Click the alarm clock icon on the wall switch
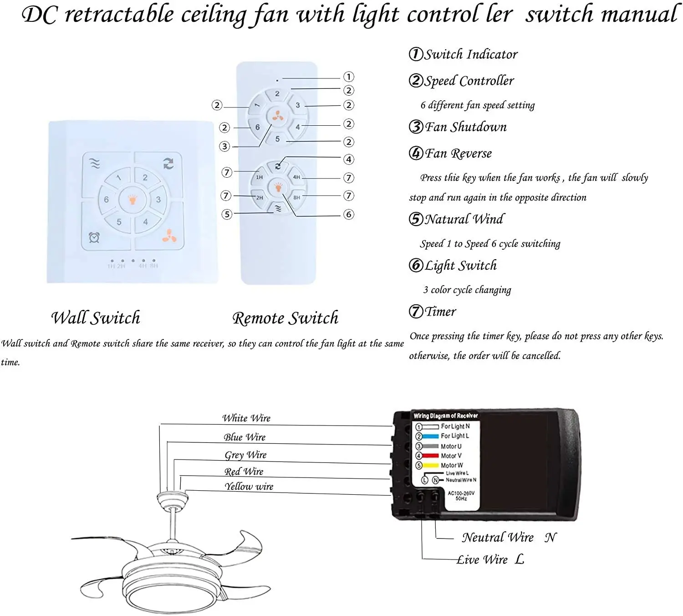tap(94, 237)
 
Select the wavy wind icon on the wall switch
tap(95, 164)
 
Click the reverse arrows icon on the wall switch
tap(168, 164)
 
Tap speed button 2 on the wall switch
tap(145, 178)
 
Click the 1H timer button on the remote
tap(259, 177)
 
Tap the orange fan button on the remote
tap(278, 117)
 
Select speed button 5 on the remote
tap(277, 139)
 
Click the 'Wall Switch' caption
tap(95, 318)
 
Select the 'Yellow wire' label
tap(249, 487)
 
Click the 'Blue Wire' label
tap(245, 437)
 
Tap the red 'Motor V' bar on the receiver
tap(430, 456)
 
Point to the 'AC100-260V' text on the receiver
tap(461, 493)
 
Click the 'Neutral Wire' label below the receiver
tap(498, 538)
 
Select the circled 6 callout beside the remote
tap(349, 214)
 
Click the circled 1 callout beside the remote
tap(349, 77)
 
